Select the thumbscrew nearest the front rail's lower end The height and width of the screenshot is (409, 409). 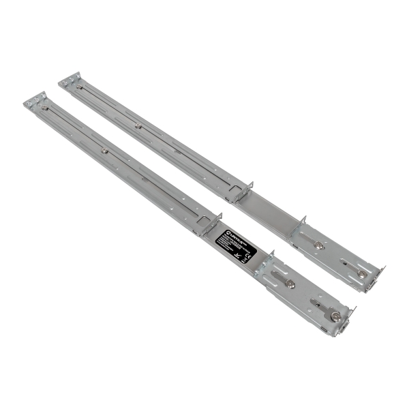point(335,316)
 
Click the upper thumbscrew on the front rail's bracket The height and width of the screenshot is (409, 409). point(291,284)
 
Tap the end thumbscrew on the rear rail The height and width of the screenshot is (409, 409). point(361,273)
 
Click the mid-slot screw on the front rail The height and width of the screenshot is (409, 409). point(104,151)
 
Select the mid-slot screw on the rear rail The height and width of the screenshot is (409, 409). point(138,125)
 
